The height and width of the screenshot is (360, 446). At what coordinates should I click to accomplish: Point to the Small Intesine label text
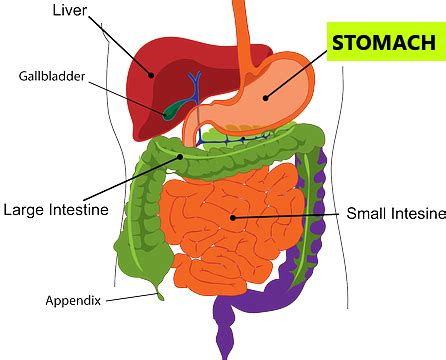pyautogui.click(x=393, y=214)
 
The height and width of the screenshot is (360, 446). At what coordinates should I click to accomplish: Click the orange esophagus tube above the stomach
pyautogui.click(x=242, y=25)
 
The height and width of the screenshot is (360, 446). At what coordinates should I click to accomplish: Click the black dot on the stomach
pyautogui.click(x=265, y=97)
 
